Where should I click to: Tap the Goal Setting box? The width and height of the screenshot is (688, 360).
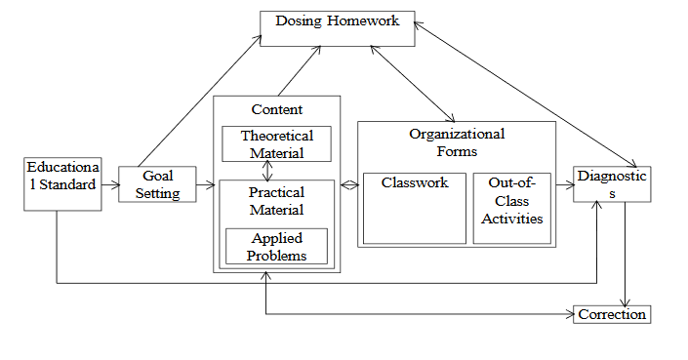(157, 184)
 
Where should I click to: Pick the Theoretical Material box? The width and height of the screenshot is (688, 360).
(276, 143)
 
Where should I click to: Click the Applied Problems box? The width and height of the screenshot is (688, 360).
(276, 247)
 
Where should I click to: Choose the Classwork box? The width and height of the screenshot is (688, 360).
(414, 208)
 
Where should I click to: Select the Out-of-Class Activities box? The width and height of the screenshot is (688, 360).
(511, 208)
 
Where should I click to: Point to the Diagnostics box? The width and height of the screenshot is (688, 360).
(611, 184)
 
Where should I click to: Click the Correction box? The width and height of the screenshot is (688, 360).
(611, 314)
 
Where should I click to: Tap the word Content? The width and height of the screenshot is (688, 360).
(276, 109)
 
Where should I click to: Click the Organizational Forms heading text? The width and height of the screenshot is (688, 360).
(456, 141)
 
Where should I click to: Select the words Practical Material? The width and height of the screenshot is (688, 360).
(276, 201)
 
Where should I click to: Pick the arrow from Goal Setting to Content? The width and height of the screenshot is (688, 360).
(204, 184)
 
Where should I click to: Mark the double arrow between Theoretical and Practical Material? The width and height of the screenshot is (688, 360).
(266, 171)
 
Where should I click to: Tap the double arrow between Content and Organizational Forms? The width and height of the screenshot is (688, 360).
(348, 184)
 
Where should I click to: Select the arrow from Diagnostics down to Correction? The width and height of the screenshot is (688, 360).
(625, 254)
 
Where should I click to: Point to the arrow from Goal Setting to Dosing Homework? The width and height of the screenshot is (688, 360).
(200, 102)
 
